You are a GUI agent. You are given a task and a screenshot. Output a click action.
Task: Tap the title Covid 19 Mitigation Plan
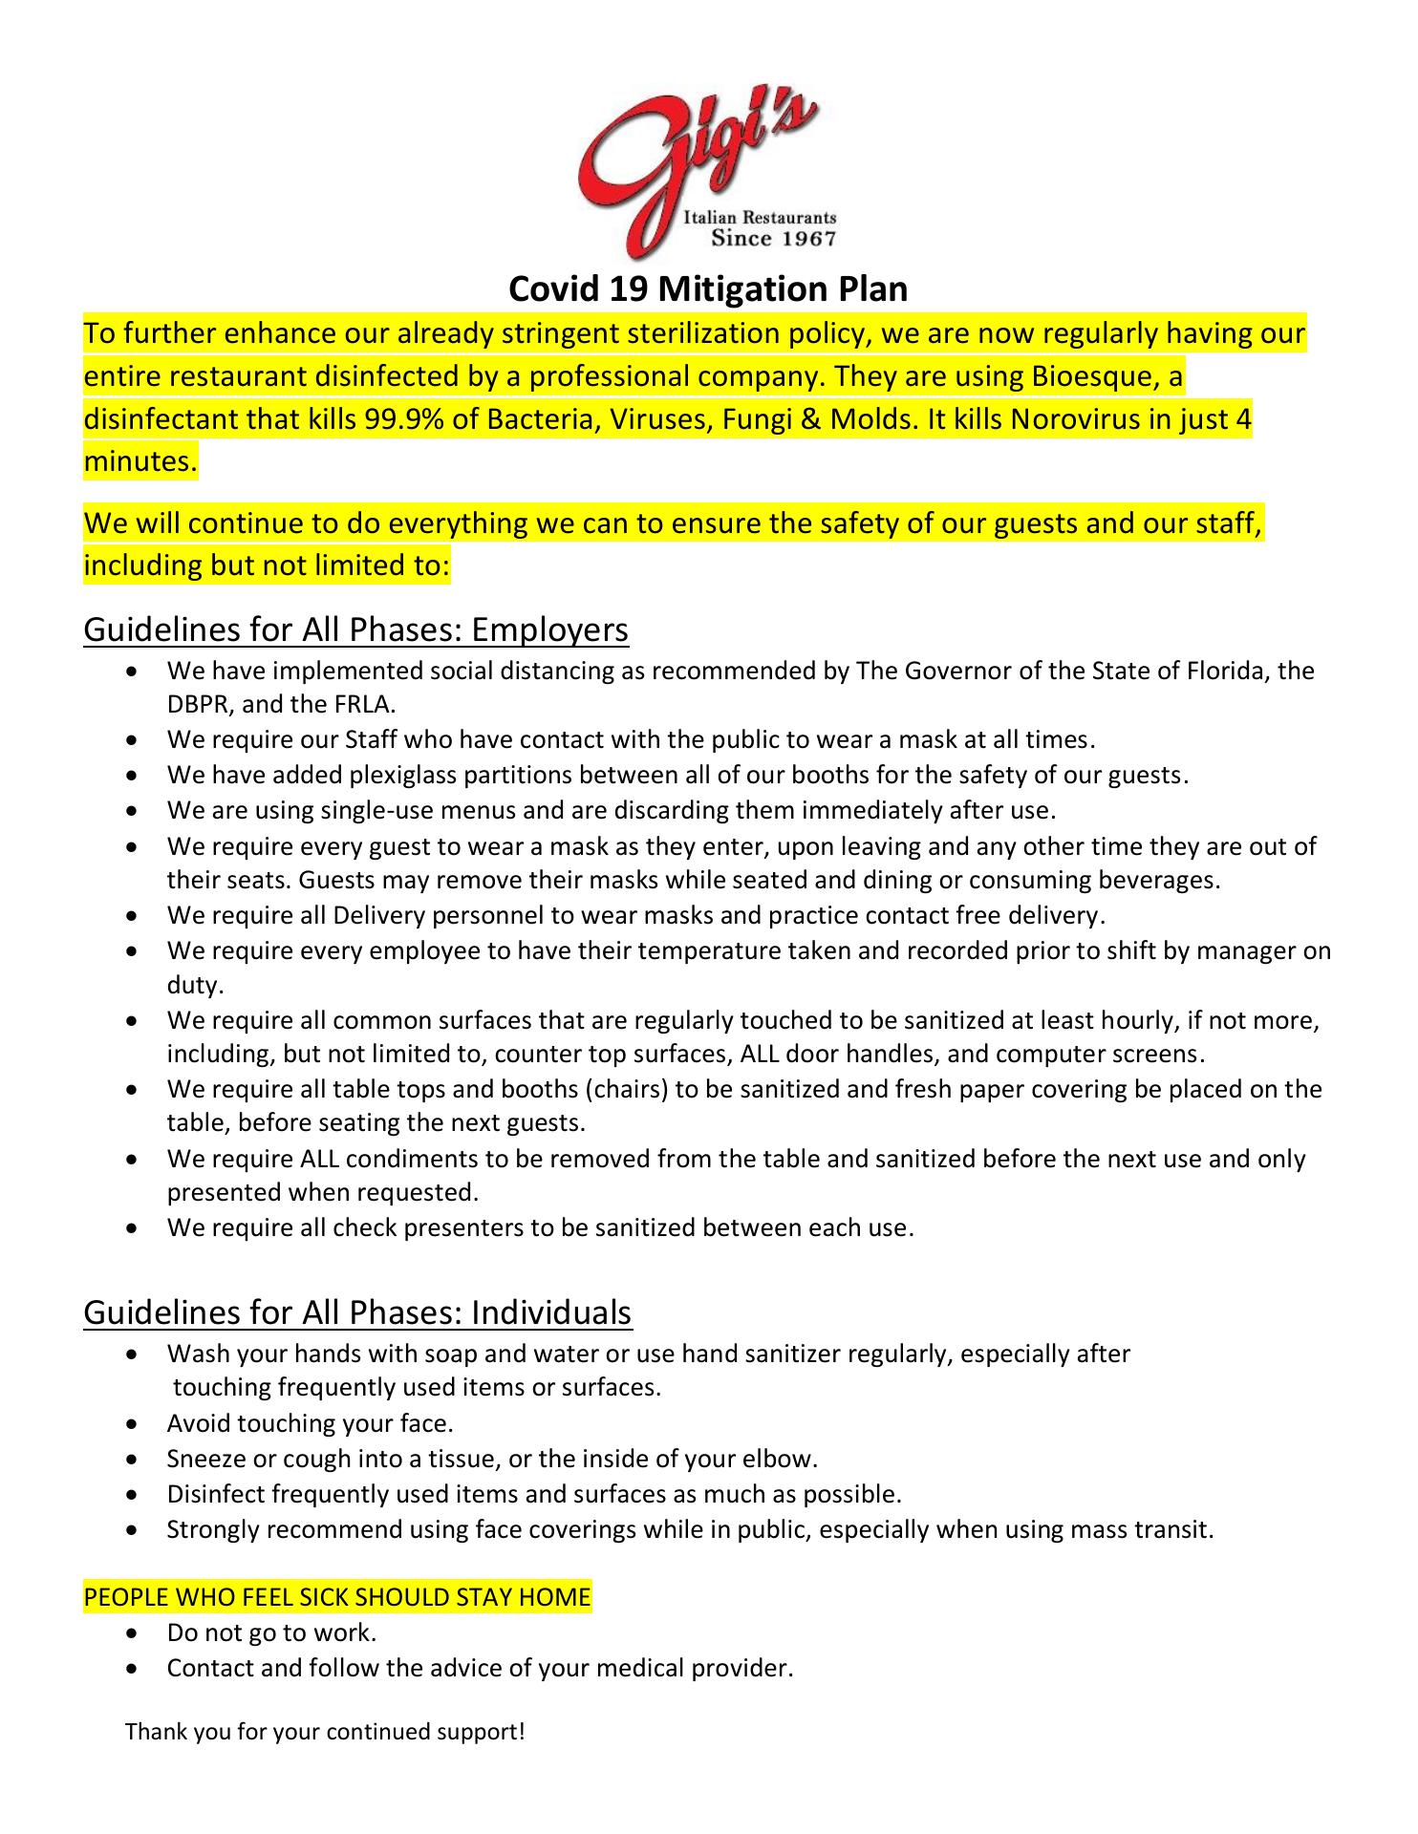(x=708, y=288)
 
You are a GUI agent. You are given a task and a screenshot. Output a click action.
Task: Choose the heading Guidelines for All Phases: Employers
(x=355, y=629)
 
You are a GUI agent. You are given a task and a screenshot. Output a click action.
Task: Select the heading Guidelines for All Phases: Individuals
(x=357, y=1312)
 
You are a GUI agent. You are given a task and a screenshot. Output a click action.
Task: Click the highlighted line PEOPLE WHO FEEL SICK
(x=337, y=1597)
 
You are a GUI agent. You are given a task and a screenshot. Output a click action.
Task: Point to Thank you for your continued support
(x=325, y=1732)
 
